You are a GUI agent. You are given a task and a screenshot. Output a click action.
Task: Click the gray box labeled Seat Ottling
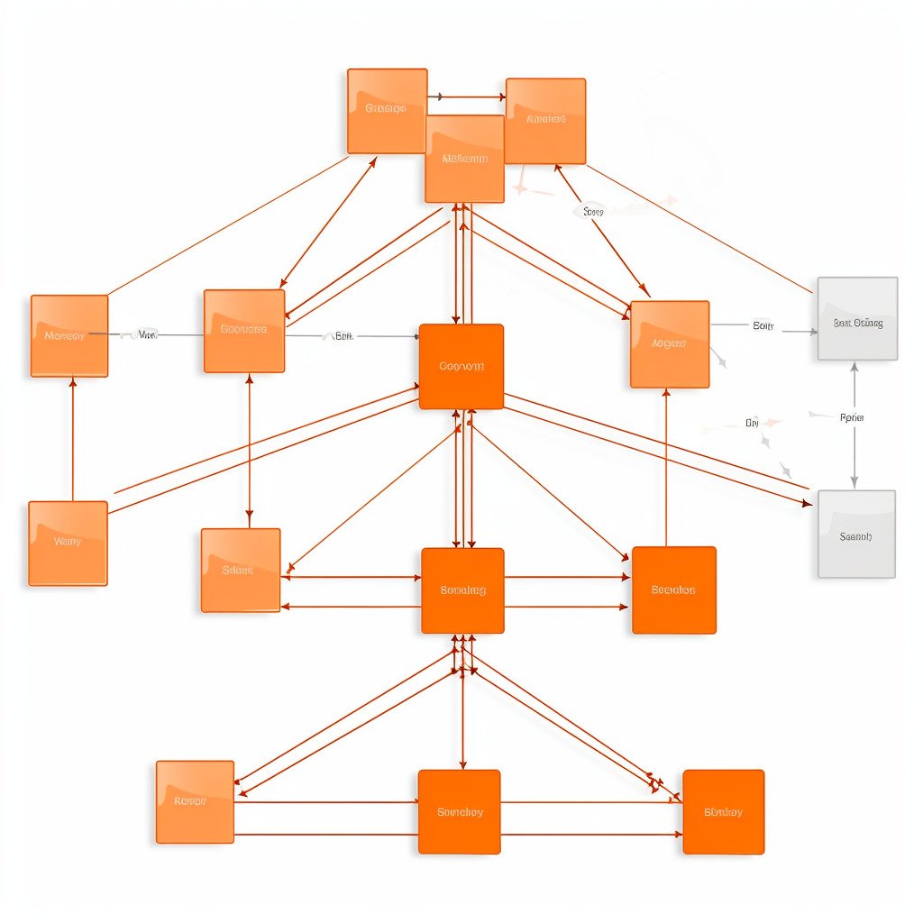click(857, 319)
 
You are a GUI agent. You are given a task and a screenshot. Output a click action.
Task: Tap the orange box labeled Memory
click(69, 335)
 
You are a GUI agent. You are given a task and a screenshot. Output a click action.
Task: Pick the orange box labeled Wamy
click(68, 543)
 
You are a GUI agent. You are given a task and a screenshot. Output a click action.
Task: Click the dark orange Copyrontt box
click(461, 367)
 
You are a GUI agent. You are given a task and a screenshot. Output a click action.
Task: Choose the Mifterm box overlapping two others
click(464, 159)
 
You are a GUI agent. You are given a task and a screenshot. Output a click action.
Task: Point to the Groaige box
click(387, 110)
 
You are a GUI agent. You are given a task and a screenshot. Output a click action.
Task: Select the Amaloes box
click(545, 121)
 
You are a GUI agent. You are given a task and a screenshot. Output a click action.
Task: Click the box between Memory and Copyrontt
click(244, 331)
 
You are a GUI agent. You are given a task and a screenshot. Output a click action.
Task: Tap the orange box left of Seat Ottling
click(670, 344)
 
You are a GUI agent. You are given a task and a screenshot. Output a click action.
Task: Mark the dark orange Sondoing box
click(462, 590)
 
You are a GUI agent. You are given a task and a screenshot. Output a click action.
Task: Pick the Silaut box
click(240, 571)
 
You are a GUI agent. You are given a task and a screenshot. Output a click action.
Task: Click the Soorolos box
click(673, 590)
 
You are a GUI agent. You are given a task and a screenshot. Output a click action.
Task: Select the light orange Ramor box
click(195, 801)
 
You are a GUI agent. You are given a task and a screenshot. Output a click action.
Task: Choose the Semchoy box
click(459, 812)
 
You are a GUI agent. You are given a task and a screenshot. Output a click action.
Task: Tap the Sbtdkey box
click(723, 812)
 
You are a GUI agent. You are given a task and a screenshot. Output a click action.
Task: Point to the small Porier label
click(851, 417)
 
